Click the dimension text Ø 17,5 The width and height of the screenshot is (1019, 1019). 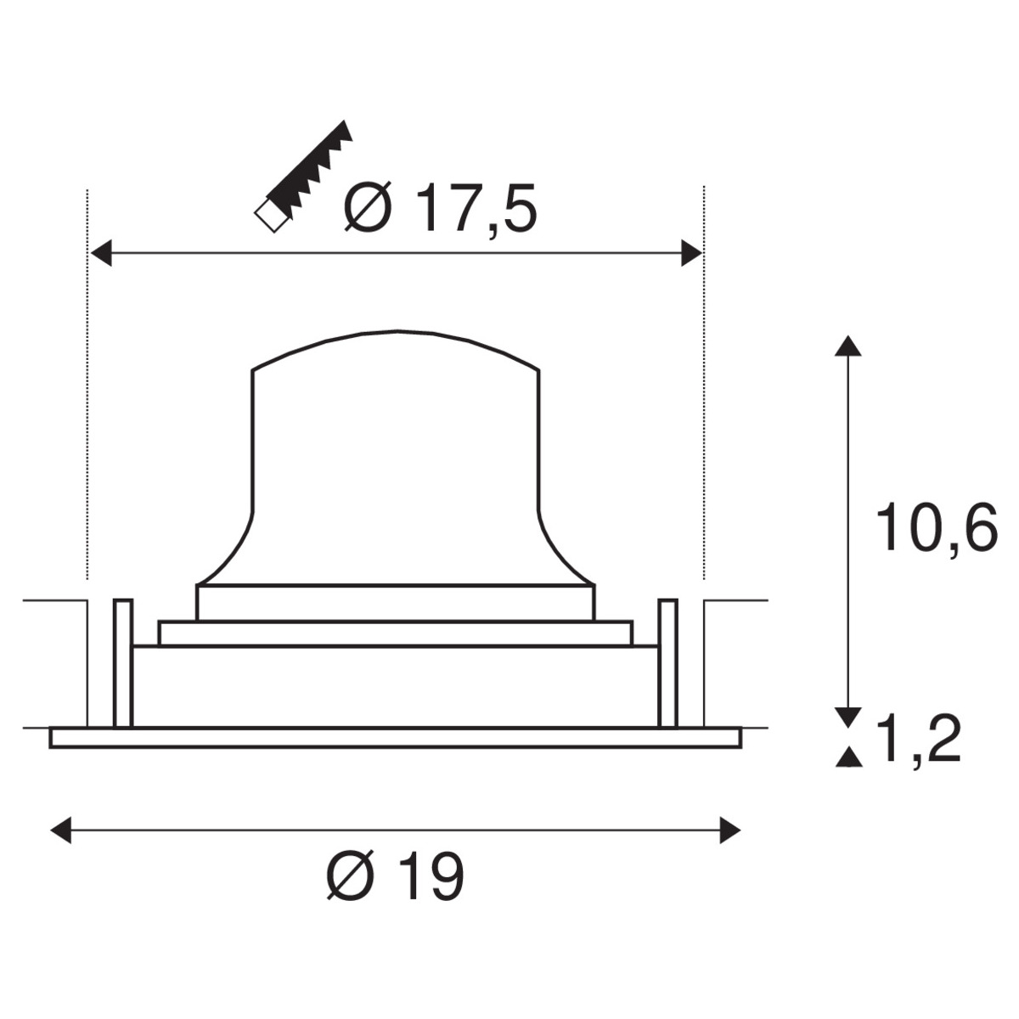pos(440,208)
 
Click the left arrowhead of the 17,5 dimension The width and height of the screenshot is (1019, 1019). pos(102,253)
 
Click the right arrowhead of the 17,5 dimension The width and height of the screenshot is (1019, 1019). pos(692,253)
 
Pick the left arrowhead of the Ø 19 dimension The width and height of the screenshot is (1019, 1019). pos(61,830)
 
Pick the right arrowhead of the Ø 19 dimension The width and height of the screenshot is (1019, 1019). pos(729,830)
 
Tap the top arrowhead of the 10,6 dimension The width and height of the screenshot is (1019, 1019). pos(848,346)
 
